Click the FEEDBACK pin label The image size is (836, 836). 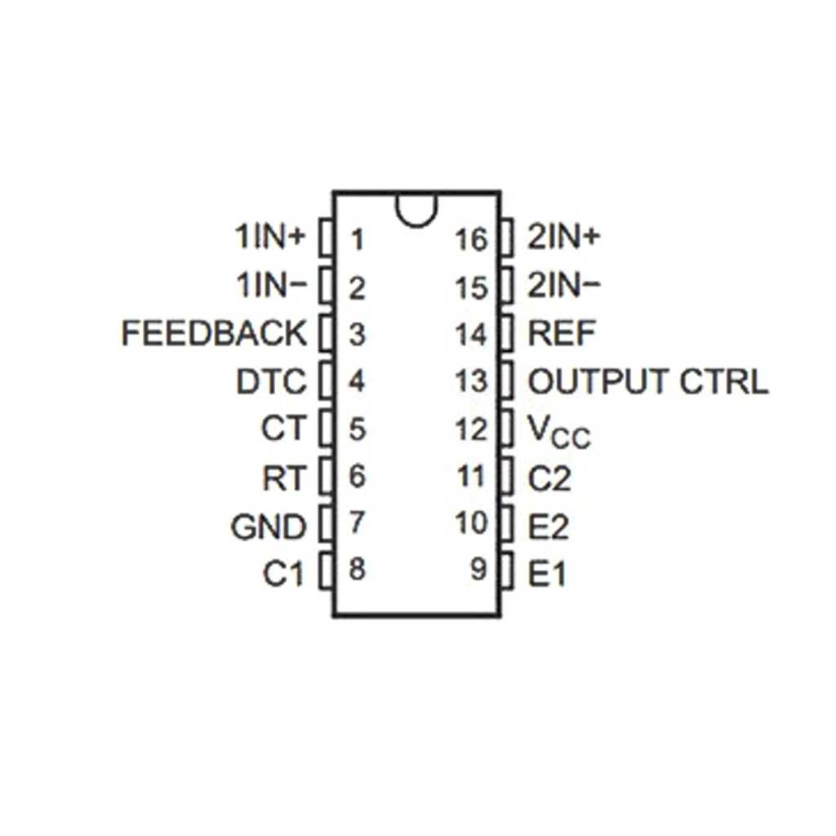pos(214,334)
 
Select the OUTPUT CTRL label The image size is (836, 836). pos(648,382)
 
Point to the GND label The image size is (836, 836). pos(269,527)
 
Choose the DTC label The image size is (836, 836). pos(272,382)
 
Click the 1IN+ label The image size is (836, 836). pos(269,238)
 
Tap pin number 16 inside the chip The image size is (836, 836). pos(473,240)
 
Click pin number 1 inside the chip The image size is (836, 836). pos(358,240)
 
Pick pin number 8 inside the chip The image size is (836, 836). pos(357,569)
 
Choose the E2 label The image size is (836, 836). pos(549,528)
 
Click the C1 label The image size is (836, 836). pos(283,575)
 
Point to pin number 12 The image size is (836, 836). pos(473,429)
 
